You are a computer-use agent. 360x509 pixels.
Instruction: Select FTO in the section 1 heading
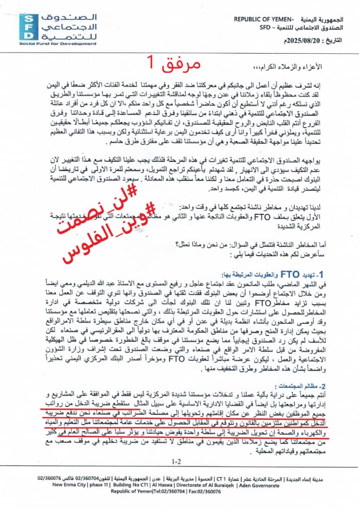point(287,274)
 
